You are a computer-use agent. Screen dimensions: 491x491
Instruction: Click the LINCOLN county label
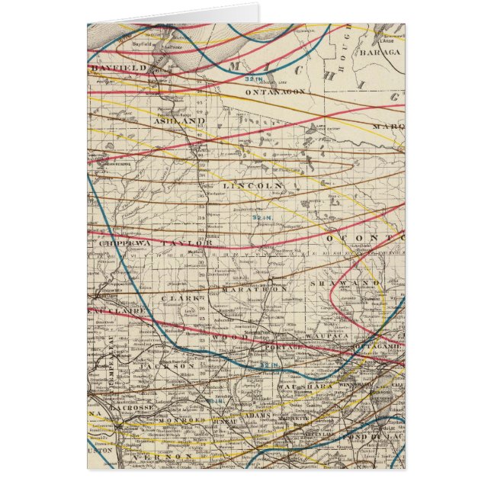[253, 185]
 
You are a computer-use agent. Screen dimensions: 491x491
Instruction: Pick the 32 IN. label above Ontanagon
[255, 79]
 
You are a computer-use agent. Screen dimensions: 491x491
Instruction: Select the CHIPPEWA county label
[123, 242]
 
